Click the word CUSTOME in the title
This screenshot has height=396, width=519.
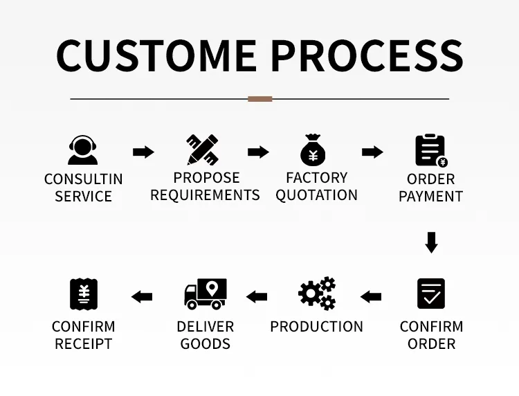pyautogui.click(x=156, y=55)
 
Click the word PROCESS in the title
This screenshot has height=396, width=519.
pyautogui.click(x=367, y=55)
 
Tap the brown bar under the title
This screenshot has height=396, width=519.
pyautogui.click(x=259, y=99)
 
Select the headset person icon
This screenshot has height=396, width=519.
pyautogui.click(x=83, y=150)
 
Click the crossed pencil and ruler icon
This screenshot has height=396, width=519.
pyautogui.click(x=202, y=150)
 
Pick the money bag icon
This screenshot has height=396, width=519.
pyautogui.click(x=313, y=150)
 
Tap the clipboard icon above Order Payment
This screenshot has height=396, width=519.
pyautogui.click(x=431, y=151)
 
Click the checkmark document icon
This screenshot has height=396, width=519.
pyautogui.click(x=431, y=294)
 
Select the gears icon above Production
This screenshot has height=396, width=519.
pyautogui.click(x=317, y=294)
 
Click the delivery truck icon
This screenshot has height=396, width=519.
pyautogui.click(x=206, y=294)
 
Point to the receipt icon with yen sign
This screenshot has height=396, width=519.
pyautogui.click(x=84, y=294)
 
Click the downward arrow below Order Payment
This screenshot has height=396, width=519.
pyautogui.click(x=431, y=243)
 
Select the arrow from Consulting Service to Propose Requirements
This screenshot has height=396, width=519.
pyautogui.click(x=143, y=152)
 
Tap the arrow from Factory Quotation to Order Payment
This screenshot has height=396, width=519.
pyautogui.click(x=373, y=152)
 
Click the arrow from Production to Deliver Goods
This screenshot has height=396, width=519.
pyautogui.click(x=257, y=297)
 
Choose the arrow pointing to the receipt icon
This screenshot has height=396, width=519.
pyautogui.click(x=142, y=297)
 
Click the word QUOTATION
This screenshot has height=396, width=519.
pyautogui.click(x=316, y=195)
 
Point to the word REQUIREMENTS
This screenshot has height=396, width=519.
pyautogui.click(x=206, y=195)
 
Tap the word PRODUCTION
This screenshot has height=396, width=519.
pyautogui.click(x=317, y=327)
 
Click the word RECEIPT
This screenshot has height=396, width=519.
pyautogui.click(x=84, y=344)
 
